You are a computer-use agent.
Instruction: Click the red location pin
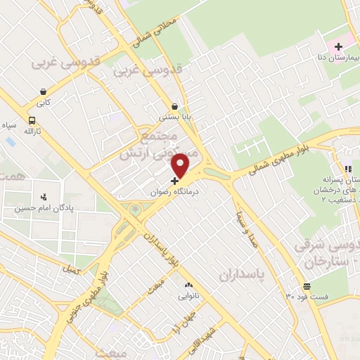pyautogui.click(x=181, y=165)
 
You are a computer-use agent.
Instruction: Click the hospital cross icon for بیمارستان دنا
pyautogui.click(x=338, y=46)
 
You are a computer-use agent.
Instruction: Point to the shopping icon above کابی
pyautogui.click(x=44, y=91)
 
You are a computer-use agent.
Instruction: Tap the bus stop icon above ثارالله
pyautogui.click(x=32, y=120)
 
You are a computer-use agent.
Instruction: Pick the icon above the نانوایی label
pyautogui.click(x=188, y=285)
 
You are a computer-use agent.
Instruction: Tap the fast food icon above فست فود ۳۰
pyautogui.click(x=307, y=286)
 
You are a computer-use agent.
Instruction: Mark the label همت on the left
pyautogui.click(x=12, y=177)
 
